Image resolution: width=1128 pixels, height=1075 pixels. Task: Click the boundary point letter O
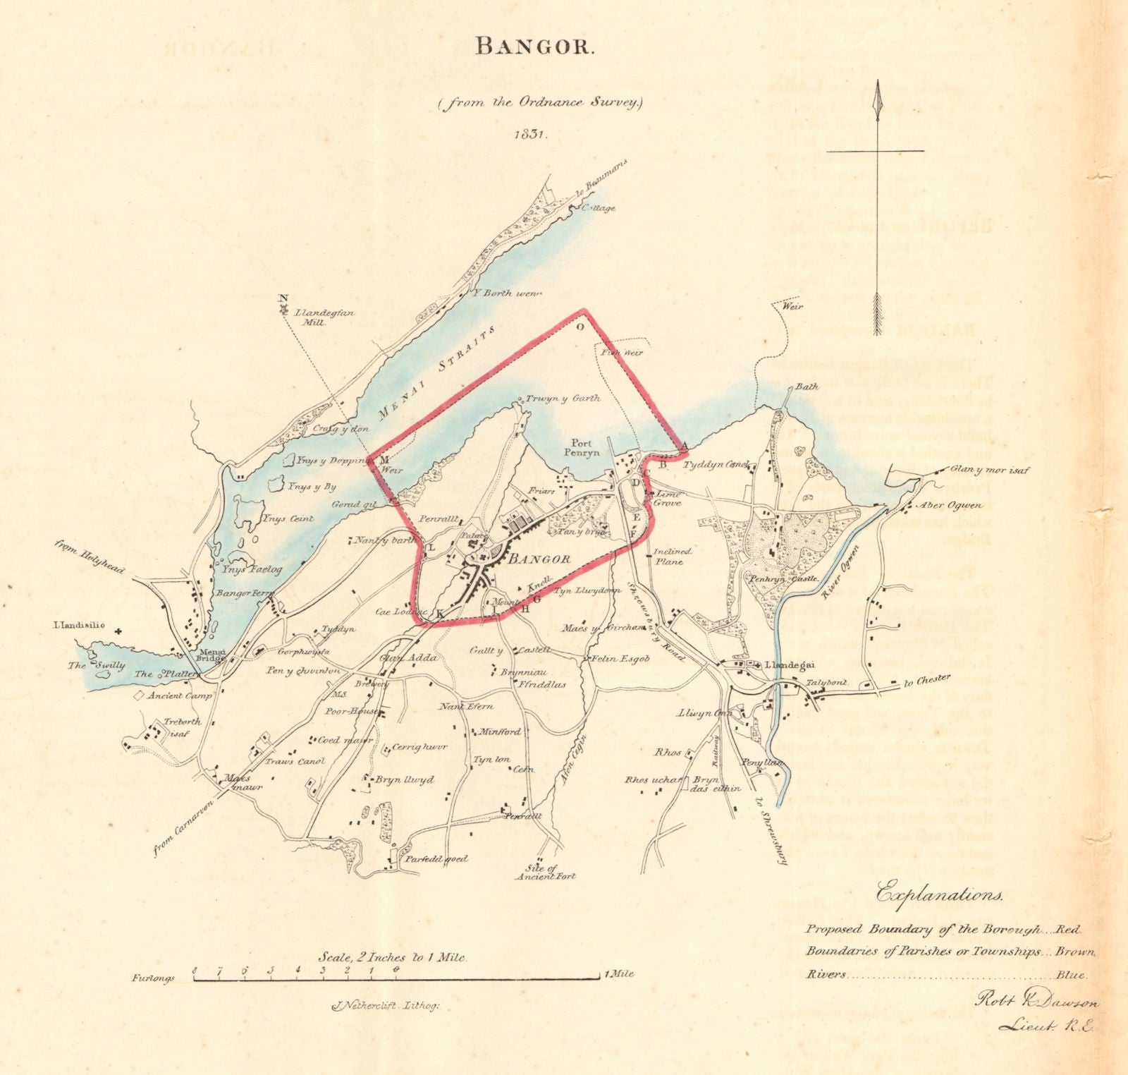[x=580, y=327]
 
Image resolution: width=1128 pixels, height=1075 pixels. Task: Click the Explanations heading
[x=938, y=895]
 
